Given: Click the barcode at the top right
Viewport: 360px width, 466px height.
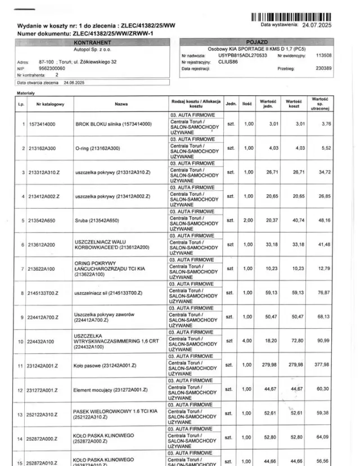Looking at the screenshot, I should point(291,17).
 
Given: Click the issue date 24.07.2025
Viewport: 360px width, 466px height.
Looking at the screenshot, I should point(317,25).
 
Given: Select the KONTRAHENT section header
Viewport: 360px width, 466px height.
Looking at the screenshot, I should point(92,43).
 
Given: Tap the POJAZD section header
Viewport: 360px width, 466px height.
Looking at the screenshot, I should point(257,43).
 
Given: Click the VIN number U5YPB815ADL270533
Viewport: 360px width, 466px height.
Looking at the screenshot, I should point(242,56).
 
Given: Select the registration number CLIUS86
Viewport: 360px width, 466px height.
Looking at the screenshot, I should point(229,62).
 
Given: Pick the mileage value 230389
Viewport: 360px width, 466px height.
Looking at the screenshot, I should point(323,68).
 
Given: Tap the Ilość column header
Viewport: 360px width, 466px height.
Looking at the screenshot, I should point(247,104).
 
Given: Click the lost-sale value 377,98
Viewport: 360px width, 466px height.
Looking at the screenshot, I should point(321,365).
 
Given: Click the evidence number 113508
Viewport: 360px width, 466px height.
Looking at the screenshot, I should point(323,56).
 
